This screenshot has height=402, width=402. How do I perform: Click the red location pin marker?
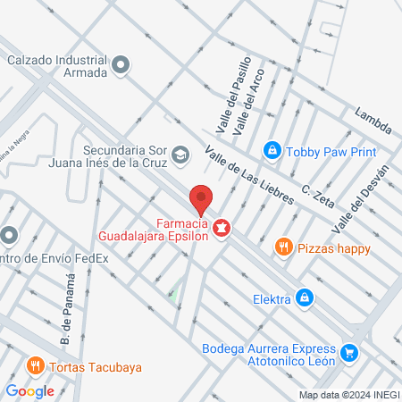[x=201, y=198]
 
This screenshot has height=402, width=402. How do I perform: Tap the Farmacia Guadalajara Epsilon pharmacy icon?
[x=220, y=230]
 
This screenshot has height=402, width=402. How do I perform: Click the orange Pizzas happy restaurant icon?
[x=283, y=247]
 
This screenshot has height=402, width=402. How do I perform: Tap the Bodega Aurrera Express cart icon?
[x=349, y=354]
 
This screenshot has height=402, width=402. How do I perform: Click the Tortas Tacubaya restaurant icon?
[x=35, y=365]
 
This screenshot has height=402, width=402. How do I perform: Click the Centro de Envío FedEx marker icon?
[x=9, y=236]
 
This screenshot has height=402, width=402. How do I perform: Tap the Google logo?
[x=30, y=390]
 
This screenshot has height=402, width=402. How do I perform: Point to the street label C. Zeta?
[x=317, y=195]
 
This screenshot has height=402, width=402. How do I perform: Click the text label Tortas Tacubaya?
[x=97, y=367]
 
